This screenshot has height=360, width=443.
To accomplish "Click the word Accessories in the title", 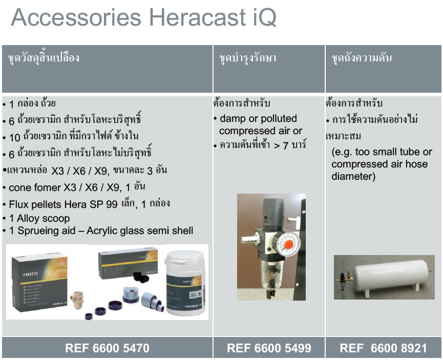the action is click(x=76, y=17).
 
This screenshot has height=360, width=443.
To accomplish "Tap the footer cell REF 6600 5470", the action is click(x=107, y=348).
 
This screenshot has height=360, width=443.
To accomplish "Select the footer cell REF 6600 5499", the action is click(x=269, y=348).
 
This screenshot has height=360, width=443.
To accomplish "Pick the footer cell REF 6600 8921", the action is click(x=383, y=348).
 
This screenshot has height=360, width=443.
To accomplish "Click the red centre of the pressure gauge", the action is click(x=288, y=245).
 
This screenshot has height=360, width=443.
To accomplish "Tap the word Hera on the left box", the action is click(x=31, y=274).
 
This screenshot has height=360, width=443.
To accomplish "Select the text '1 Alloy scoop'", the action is click(x=39, y=218).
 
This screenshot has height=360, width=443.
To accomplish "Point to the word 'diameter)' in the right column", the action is click(x=353, y=176).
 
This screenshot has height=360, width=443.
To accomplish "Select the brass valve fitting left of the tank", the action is click(x=344, y=277).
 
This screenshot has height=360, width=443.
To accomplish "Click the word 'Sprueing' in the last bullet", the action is click(x=40, y=230).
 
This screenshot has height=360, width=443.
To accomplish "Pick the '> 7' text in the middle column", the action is click(x=281, y=145).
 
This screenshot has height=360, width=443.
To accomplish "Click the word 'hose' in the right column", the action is click(x=417, y=164).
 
